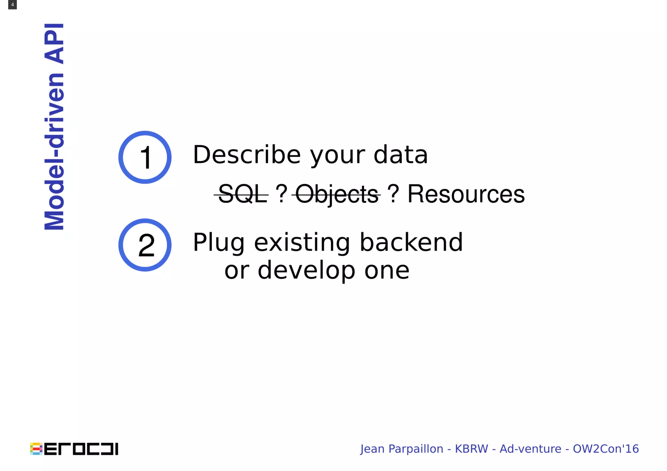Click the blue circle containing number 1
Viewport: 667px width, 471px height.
(x=145, y=157)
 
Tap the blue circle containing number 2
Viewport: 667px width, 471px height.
(x=145, y=245)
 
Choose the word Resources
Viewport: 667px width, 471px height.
(x=466, y=194)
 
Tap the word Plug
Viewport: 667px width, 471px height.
(x=219, y=243)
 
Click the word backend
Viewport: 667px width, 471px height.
(x=411, y=243)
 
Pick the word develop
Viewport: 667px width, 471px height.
(x=306, y=270)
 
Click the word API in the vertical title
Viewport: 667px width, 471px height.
(x=54, y=44)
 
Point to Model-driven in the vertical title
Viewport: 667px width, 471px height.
(x=54, y=151)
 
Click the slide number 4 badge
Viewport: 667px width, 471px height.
(x=12, y=5)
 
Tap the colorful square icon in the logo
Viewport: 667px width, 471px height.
(x=36, y=449)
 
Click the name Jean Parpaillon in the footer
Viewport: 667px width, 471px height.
(x=402, y=449)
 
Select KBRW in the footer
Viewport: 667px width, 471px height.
(x=471, y=449)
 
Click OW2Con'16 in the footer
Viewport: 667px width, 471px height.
(x=606, y=449)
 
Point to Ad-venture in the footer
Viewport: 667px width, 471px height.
(x=530, y=449)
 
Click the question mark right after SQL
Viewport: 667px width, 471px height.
(x=281, y=194)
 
